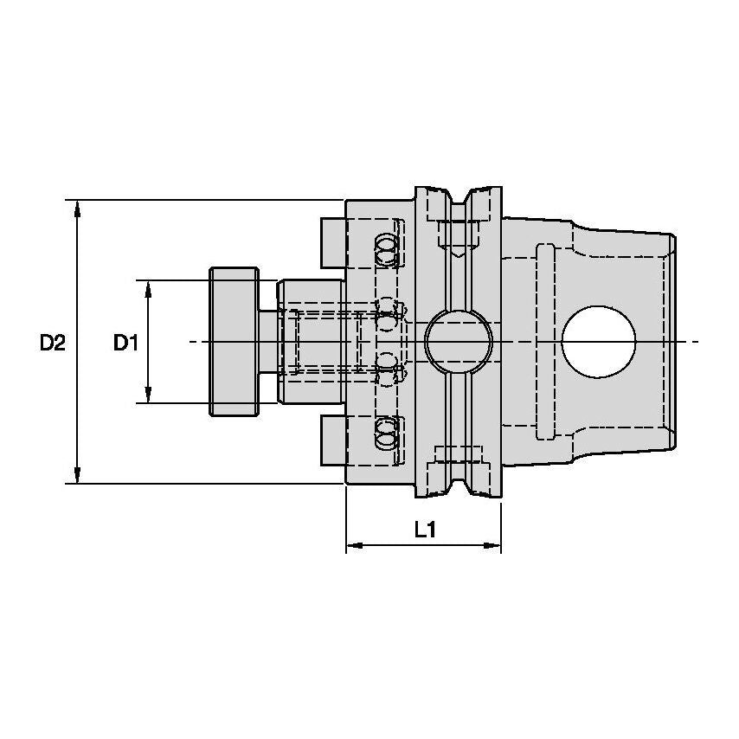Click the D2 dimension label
tap(52, 343)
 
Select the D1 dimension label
tap(125, 343)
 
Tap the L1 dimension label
tap(423, 530)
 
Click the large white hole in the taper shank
tap(599, 342)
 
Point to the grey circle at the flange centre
tap(459, 342)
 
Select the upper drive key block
tap(332, 242)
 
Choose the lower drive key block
tap(332, 441)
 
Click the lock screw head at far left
tap(233, 342)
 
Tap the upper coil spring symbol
tap(387, 252)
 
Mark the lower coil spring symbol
tap(387, 432)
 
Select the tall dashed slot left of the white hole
tap(545, 342)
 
